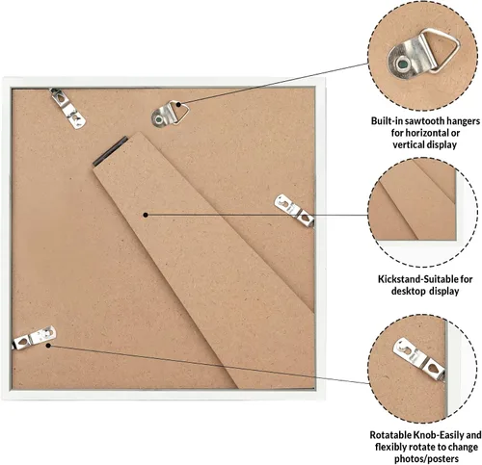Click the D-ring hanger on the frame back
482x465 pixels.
(169, 114)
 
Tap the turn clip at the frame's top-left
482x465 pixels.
(67, 109)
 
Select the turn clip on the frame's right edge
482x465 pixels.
(294, 211)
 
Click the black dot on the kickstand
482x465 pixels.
(146, 215)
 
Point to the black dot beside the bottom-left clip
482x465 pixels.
(48, 346)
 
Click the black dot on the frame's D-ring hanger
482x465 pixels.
(178, 105)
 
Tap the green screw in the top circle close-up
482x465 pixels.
(402, 65)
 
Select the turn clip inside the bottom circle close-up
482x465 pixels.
(419, 358)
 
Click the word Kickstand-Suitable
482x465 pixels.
(418, 279)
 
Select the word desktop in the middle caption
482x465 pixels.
(408, 291)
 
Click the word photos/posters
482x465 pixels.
(426, 458)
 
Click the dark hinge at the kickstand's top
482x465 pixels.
(110, 151)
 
